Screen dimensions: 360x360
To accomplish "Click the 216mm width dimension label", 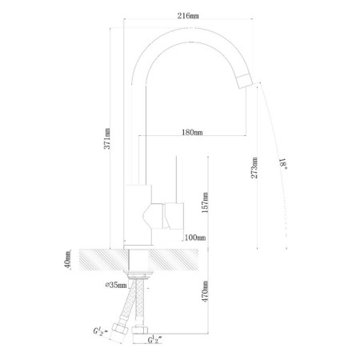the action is click(188, 16).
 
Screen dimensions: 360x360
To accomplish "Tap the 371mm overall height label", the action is click(107, 138).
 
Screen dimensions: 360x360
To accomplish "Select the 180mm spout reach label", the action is click(192, 132).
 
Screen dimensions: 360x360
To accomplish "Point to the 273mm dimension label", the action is click(254, 168).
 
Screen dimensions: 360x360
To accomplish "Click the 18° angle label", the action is click(282, 163).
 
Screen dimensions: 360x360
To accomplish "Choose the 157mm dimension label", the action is click(205, 202).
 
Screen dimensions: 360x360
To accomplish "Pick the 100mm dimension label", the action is click(195, 237).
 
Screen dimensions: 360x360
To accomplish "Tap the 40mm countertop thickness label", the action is click(68, 260).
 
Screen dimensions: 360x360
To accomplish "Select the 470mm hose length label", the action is click(205, 291).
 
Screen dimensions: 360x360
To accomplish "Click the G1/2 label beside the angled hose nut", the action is click(100, 331).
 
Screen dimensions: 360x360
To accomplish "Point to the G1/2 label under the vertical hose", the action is click(155, 340).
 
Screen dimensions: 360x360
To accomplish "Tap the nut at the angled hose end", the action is click(120, 330).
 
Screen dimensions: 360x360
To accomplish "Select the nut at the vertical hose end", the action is click(140, 330).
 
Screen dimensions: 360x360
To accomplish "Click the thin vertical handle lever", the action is click(176, 179).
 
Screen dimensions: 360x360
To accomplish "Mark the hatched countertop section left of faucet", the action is click(103, 260).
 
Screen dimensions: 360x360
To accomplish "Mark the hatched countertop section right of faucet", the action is click(174, 260).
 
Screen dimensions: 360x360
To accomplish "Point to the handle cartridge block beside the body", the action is click(174, 216).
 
